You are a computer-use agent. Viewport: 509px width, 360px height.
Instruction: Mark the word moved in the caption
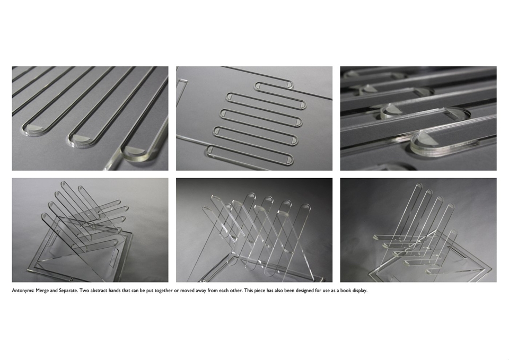pos(187,291)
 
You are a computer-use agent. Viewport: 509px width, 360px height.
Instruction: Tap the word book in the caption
pos(345,291)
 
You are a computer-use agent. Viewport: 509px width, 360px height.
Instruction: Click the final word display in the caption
pos(359,291)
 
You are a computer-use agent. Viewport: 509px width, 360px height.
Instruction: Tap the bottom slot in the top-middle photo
pos(250,154)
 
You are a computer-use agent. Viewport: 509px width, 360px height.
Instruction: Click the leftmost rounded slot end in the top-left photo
pos(32,128)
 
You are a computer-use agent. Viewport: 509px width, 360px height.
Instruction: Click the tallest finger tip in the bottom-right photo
pos(419,187)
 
